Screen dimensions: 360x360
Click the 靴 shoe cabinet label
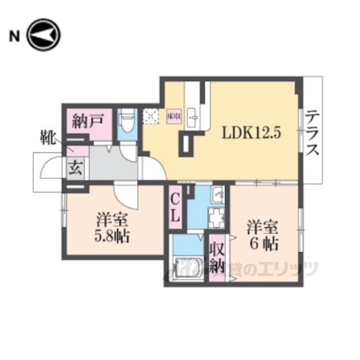point(47,138)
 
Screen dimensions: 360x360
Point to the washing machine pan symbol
point(215,219)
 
